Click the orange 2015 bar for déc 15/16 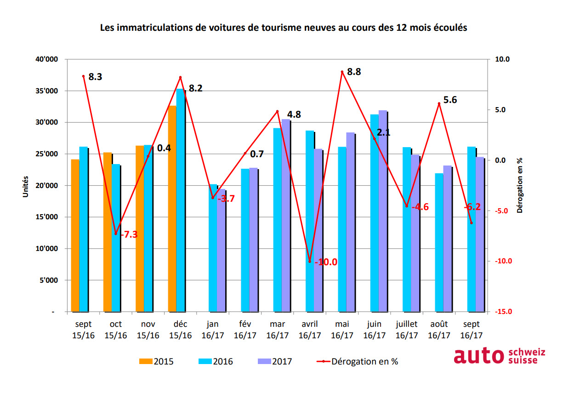coord(172,209)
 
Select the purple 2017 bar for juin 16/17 coord(382,211)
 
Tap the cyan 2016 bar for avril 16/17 coord(310,221)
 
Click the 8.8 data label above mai coord(354,72)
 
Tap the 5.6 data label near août coord(450,100)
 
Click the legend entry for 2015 coord(156,361)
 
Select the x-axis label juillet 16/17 coord(407,330)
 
